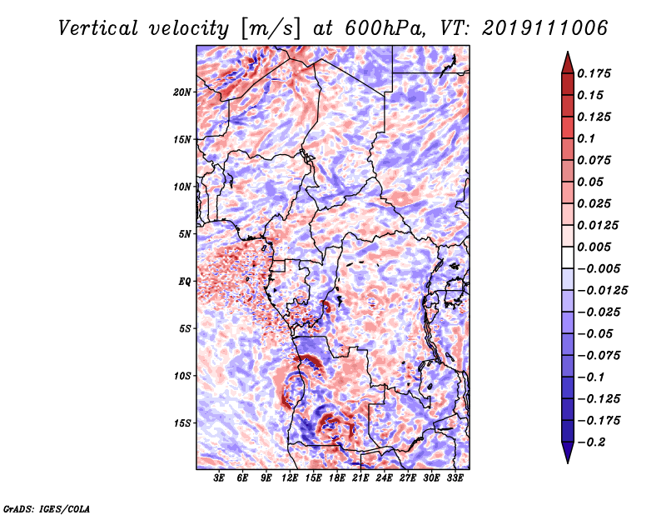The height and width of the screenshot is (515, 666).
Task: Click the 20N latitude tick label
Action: (182, 92)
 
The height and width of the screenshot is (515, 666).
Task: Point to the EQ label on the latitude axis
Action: (185, 282)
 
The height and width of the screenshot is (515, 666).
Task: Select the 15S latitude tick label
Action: (182, 423)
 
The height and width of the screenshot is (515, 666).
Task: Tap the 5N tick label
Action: (185, 234)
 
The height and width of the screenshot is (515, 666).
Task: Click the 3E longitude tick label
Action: (220, 478)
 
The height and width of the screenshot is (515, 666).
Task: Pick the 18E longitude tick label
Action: (337, 478)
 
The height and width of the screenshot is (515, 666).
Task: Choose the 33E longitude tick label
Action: (455, 478)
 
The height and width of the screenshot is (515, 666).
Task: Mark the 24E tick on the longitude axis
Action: (385, 478)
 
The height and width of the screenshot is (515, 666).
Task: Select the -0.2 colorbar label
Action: (594, 442)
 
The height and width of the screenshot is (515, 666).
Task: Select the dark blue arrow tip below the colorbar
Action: (566, 454)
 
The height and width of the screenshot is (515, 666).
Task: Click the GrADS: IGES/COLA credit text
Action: (46, 507)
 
